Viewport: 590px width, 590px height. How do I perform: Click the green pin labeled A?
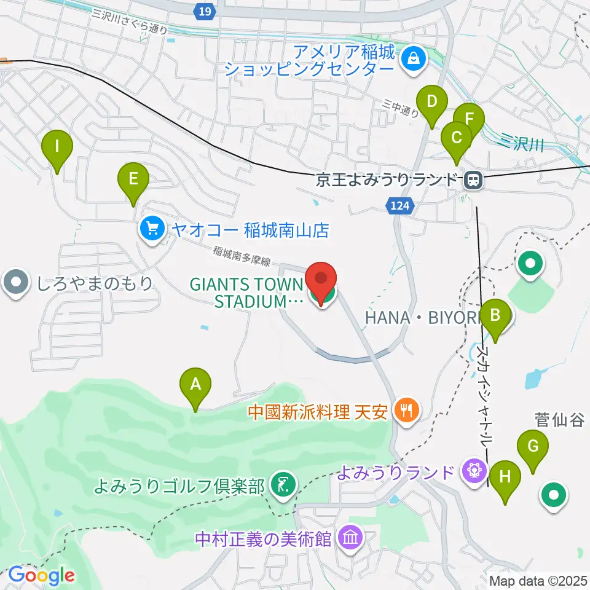195,385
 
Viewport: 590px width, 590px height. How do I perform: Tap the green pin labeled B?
495,316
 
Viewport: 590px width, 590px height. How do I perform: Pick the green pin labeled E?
133,179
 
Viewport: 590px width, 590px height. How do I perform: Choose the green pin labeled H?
505,477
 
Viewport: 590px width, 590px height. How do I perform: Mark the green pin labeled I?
57,147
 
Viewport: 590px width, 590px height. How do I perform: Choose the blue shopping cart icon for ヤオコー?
151,230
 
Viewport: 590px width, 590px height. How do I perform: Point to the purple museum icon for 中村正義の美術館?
351,539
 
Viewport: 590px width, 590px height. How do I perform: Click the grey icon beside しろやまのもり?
15,283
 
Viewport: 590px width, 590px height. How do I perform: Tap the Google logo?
41,575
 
